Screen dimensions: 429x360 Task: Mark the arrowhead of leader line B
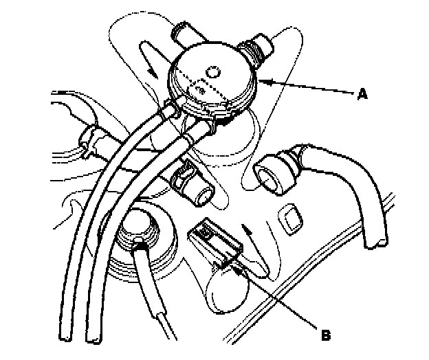point(236,268)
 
